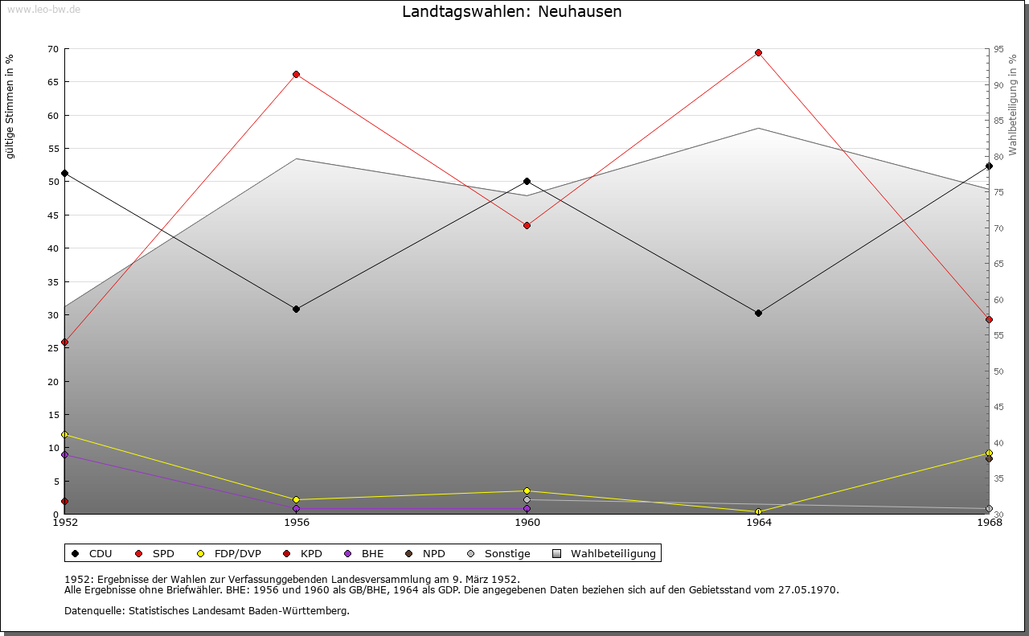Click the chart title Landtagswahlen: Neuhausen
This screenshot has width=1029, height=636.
coord(511,12)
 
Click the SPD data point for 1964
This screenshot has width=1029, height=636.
coord(758,53)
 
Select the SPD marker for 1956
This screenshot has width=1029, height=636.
coord(297,75)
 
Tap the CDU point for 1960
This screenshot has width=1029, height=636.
coord(527,182)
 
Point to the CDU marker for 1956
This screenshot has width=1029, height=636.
coord(297,310)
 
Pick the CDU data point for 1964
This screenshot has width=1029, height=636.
coord(758,313)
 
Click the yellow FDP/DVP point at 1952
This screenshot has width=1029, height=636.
coord(65,435)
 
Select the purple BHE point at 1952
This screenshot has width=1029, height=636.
coord(65,455)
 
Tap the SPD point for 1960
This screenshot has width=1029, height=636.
coord(527,226)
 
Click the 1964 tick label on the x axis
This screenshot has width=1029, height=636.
coord(758,523)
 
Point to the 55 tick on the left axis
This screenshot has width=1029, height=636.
coord(53,149)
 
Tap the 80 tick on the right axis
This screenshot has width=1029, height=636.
coord(998,156)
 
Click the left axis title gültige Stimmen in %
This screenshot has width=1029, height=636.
coord(10,106)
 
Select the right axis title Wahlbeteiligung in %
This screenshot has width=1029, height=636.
coord(1013,105)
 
